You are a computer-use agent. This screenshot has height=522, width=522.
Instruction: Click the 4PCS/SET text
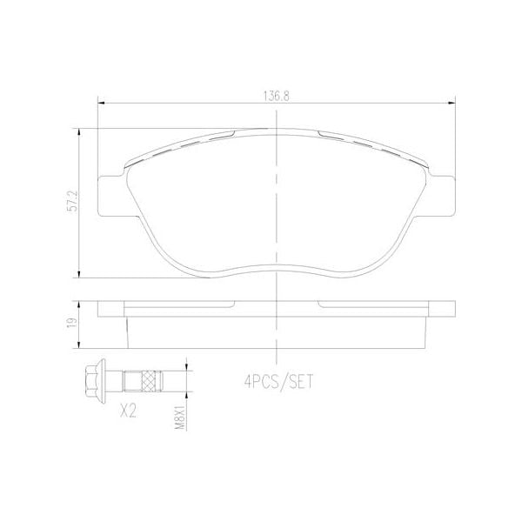pyautogui.click(x=276, y=380)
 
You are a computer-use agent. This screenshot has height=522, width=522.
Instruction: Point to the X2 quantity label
pyautogui.click(x=128, y=410)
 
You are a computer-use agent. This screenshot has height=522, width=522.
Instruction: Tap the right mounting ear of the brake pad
pyautogui.click(x=443, y=196)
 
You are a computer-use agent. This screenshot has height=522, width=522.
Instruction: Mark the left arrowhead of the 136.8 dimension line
pyautogui.click(x=101, y=104)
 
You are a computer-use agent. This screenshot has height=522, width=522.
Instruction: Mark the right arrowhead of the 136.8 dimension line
pyautogui.click(x=451, y=104)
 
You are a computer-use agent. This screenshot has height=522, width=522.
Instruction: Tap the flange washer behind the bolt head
pyautogui.click(x=105, y=380)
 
